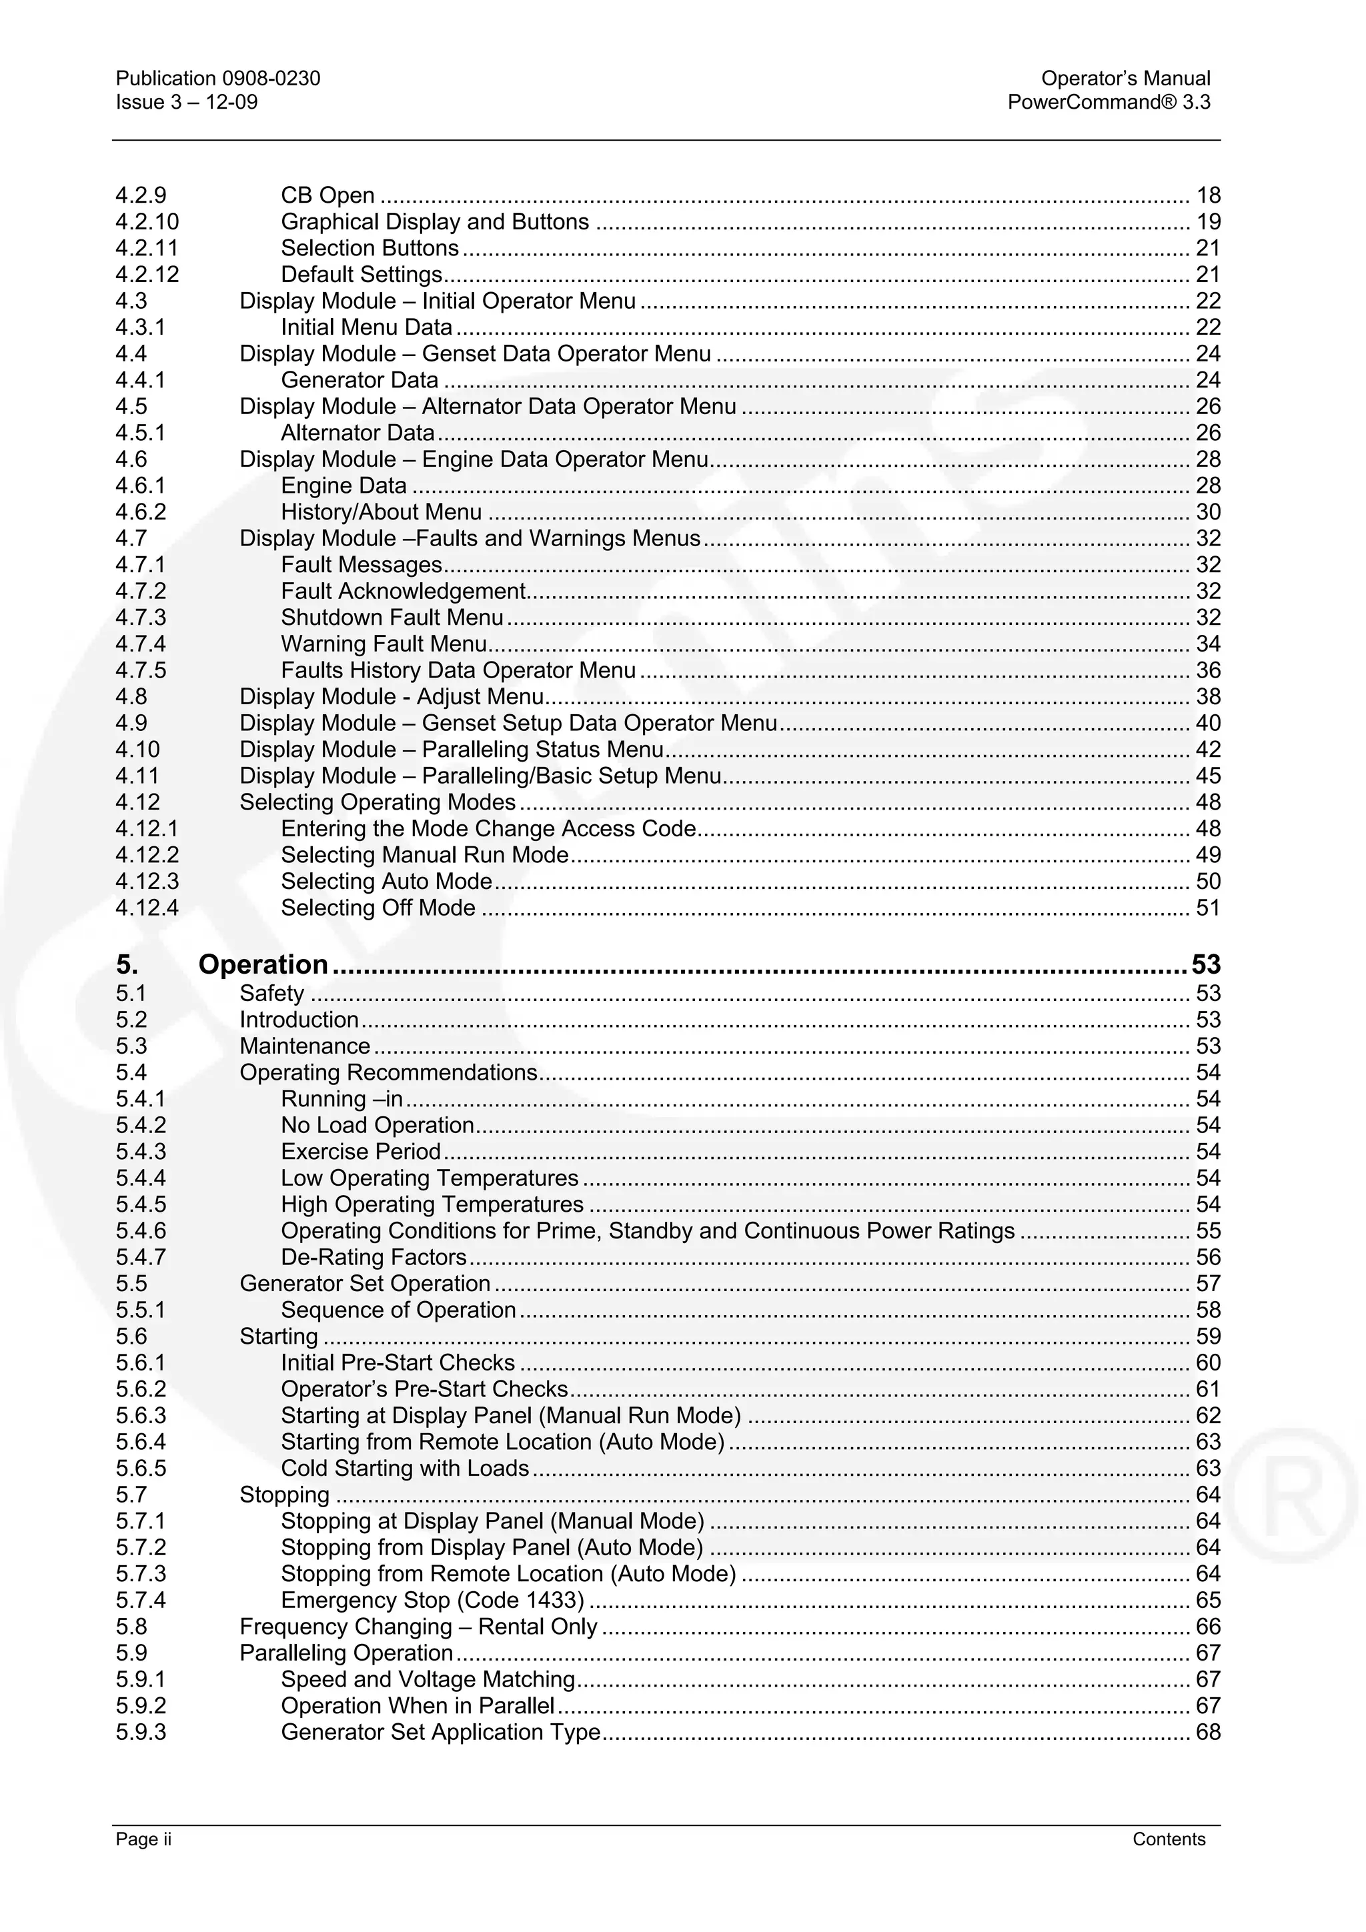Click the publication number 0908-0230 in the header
click(x=270, y=78)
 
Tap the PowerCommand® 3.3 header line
click(x=1109, y=103)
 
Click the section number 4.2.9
click(x=141, y=195)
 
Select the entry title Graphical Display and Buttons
click(x=434, y=222)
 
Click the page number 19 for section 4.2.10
click(x=1208, y=222)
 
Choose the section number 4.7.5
click(x=141, y=671)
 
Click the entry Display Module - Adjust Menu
click(x=392, y=697)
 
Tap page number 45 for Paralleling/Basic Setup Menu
click(x=1208, y=776)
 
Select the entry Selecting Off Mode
click(x=378, y=908)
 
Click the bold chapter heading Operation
click(x=263, y=964)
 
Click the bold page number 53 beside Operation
click(x=1205, y=964)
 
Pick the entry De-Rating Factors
click(x=373, y=1257)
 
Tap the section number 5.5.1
click(x=141, y=1310)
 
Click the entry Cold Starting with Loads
click(x=404, y=1469)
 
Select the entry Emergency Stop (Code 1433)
click(x=432, y=1601)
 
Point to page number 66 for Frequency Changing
click(x=1208, y=1627)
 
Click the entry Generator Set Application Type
click(x=440, y=1733)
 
